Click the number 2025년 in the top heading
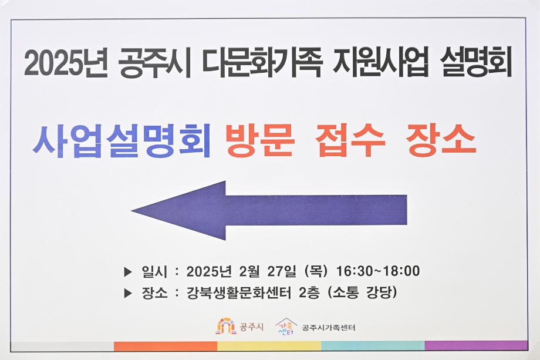point(66,64)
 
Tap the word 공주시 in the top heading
point(155,64)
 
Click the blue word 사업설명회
point(122,141)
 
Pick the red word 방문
point(259,141)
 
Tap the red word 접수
point(350,141)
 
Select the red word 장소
point(440,141)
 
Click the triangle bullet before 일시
point(128,272)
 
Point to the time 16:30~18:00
point(378,271)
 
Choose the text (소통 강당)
point(363,292)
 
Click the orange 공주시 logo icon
point(226,326)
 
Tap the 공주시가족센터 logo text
point(329,327)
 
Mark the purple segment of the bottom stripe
point(476,346)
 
